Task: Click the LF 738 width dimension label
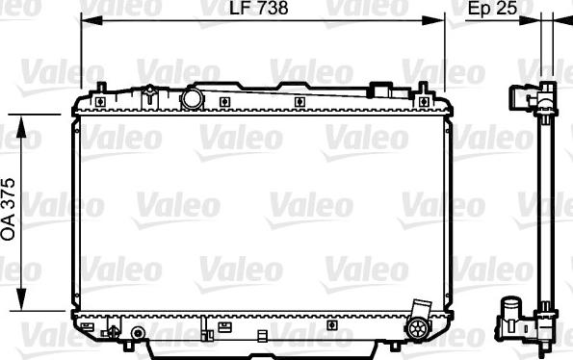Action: click(259, 8)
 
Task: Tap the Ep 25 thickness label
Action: click(493, 9)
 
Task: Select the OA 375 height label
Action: click(8, 209)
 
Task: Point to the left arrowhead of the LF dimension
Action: click(91, 21)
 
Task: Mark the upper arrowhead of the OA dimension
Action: click(21, 126)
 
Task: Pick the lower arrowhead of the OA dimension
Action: click(21, 299)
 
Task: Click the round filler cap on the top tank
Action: click(193, 98)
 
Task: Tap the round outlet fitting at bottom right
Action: click(418, 328)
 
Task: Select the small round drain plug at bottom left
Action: click(138, 333)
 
